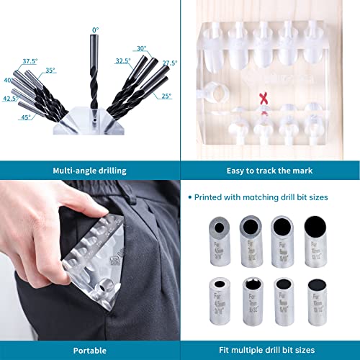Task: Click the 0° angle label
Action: point(94,30)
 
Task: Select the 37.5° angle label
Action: point(30,61)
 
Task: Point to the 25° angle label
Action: point(167,96)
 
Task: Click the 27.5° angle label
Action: point(170,63)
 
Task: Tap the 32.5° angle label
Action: point(122,61)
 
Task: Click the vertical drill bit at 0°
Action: point(94,72)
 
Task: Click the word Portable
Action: point(90,350)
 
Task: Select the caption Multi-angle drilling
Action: point(90,171)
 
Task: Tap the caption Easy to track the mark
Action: point(269,171)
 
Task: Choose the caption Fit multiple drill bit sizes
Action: point(269,350)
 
